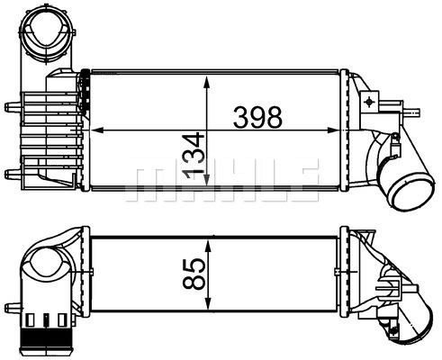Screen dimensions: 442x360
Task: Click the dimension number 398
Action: click(x=257, y=117)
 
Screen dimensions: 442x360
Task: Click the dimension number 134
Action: click(x=194, y=156)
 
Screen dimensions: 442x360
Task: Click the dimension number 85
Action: click(x=194, y=274)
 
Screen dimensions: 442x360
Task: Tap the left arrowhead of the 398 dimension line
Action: click(x=96, y=130)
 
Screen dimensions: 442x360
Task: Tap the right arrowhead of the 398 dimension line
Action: click(x=332, y=130)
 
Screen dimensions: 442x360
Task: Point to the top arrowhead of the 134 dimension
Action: click(x=206, y=82)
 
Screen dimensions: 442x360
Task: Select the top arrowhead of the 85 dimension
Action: click(x=208, y=245)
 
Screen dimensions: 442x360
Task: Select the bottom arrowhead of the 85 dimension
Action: click(x=208, y=302)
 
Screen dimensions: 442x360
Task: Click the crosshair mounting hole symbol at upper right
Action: click(x=369, y=102)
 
